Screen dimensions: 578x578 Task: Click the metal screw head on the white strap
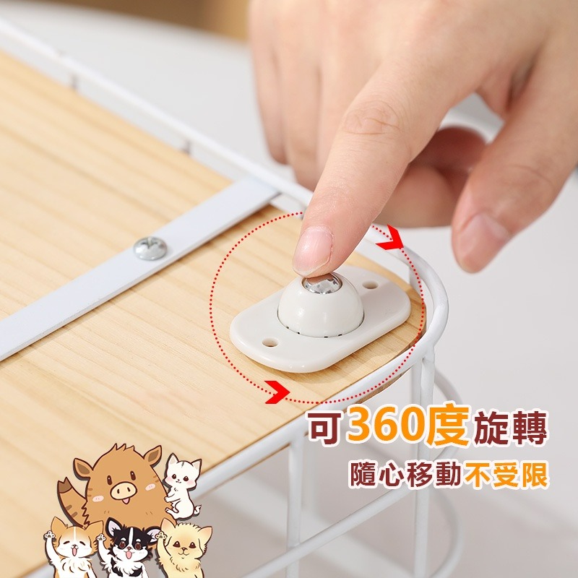click(151, 249)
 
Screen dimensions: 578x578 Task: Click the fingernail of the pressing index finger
click(313, 250)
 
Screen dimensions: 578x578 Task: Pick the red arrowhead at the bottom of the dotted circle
click(274, 393)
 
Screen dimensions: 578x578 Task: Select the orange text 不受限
click(505, 477)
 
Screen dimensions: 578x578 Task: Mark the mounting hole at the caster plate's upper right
click(372, 285)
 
